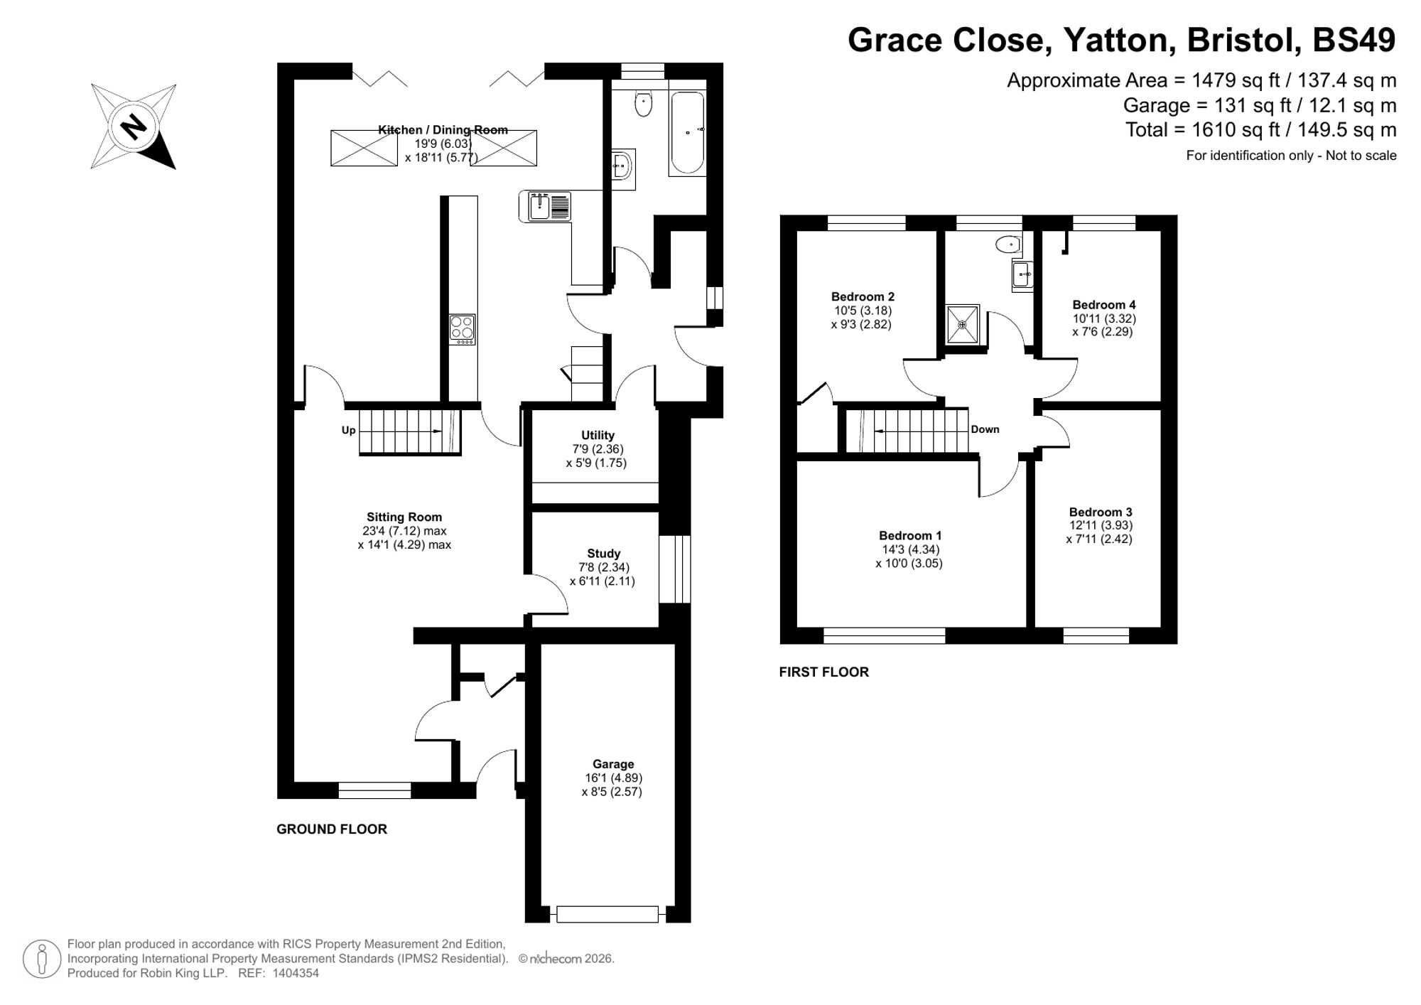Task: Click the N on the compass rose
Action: click(133, 127)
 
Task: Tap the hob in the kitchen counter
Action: click(462, 329)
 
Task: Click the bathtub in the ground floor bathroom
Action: click(687, 133)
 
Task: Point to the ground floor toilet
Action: click(644, 104)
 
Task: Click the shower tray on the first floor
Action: click(963, 325)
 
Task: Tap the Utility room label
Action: click(598, 435)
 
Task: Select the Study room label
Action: click(603, 553)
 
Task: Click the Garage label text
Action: click(612, 764)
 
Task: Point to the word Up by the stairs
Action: click(348, 430)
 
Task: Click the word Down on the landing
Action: click(985, 429)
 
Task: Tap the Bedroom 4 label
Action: click(1103, 304)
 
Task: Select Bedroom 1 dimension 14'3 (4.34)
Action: click(910, 549)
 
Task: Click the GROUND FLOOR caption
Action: click(332, 829)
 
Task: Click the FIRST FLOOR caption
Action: click(823, 672)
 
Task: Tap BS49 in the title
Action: click(1354, 40)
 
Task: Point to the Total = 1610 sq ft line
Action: click(1260, 130)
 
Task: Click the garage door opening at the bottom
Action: click(607, 914)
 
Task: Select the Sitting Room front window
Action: click(374, 790)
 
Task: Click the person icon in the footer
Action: click(42, 959)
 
